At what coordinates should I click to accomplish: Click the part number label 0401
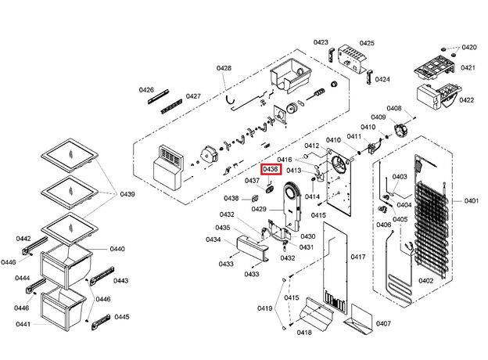472,201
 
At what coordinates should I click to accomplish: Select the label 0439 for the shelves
127,194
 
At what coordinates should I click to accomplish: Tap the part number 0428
224,69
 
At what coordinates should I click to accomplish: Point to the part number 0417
358,257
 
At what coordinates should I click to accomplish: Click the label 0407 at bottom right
383,323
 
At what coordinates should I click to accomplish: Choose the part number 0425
367,43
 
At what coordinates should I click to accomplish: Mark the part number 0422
467,100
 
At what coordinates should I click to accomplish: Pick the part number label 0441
23,324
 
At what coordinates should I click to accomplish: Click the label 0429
259,209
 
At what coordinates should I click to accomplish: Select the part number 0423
321,41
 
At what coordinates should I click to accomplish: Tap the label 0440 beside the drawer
117,249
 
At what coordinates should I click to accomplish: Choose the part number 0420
468,48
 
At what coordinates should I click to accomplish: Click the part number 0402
426,281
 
